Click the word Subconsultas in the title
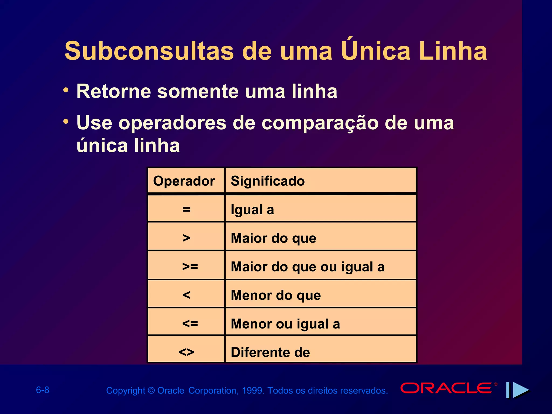(x=149, y=51)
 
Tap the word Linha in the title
(x=453, y=51)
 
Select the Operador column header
(x=184, y=181)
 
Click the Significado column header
(x=268, y=181)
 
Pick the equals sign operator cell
(x=186, y=209)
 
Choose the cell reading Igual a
(x=252, y=210)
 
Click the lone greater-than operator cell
(x=186, y=238)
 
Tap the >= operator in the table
(x=190, y=267)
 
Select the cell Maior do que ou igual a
(x=308, y=267)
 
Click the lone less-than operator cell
(x=186, y=295)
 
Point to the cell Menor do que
(x=276, y=295)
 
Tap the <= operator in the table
(x=190, y=323)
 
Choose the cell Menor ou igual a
(x=285, y=324)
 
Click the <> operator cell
(x=186, y=352)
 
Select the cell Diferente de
(x=270, y=352)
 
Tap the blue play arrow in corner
(x=520, y=390)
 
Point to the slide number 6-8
(x=43, y=390)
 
